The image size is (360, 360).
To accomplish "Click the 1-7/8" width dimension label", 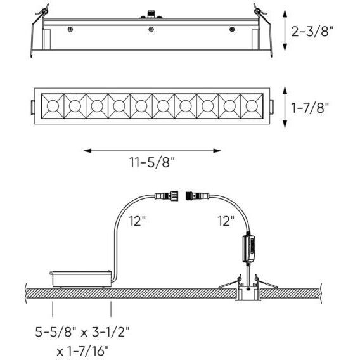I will [312, 108].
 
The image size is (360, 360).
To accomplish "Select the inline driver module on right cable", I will [248, 248].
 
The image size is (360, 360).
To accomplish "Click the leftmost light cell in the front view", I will [53, 103].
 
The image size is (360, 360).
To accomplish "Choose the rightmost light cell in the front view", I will [252, 103].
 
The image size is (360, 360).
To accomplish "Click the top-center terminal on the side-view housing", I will [151, 13].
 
